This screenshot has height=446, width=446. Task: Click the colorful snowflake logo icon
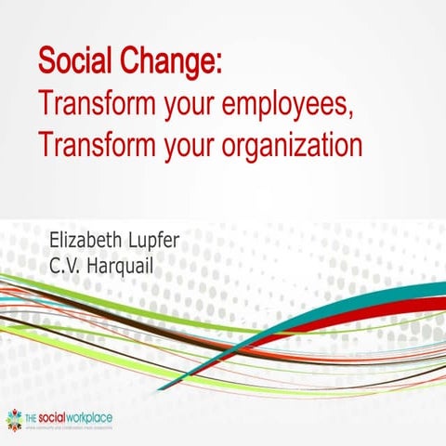click(x=14, y=419)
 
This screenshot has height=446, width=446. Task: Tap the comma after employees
click(x=354, y=114)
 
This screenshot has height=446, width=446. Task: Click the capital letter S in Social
click(x=46, y=62)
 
